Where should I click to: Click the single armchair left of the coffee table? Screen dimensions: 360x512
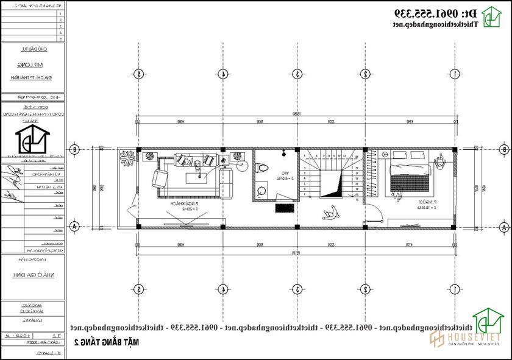coord(160,178)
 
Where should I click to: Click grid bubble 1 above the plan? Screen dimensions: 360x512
coord(455,74)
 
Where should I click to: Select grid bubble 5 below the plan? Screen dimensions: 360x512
coord(139,289)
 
